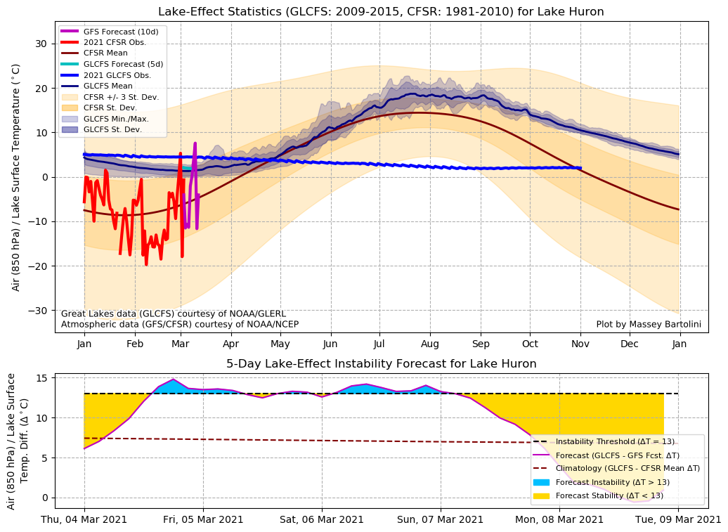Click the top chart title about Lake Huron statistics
point(381,12)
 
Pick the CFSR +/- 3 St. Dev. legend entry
point(119,97)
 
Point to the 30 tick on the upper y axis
point(41,44)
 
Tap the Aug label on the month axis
point(430,344)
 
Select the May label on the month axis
point(280,344)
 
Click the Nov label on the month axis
point(580,344)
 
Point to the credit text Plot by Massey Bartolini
point(648,324)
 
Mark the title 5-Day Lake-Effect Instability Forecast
point(381,364)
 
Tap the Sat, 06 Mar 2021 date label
point(323,520)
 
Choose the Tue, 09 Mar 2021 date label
point(678,520)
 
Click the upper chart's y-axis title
point(16,176)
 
